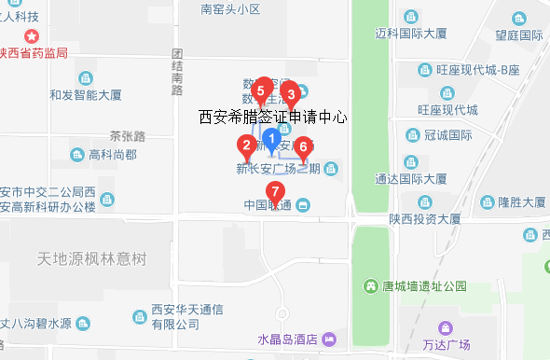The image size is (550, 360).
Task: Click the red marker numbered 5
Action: (261, 90)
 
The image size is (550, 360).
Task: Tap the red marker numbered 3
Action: (290, 92)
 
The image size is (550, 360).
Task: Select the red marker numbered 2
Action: (246, 145)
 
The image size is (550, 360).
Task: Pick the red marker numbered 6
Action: (302, 147)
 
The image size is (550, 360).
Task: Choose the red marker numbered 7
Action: (275, 192)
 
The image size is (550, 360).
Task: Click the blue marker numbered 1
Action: (272, 140)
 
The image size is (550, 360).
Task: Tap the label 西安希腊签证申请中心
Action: (273, 118)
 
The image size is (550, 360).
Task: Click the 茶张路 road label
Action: (128, 136)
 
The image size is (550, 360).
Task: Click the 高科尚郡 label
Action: (112, 154)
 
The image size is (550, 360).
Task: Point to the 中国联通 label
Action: (268, 205)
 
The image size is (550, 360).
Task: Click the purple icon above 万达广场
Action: (444, 327)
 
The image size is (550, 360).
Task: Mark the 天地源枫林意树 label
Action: (92, 258)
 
